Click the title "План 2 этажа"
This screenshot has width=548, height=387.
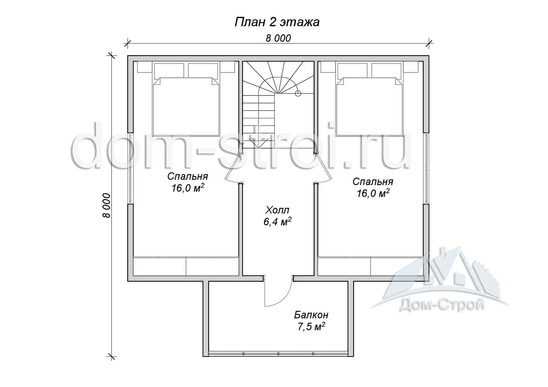click(277, 22)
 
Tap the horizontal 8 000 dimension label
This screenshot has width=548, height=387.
click(278, 38)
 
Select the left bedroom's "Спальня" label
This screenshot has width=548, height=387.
click(188, 176)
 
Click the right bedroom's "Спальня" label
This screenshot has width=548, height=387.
click(373, 181)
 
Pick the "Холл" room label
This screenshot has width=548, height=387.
click(277, 210)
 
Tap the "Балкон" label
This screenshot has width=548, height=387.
click(311, 315)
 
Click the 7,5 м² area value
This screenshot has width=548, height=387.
click(311, 326)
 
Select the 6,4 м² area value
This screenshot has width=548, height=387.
click(277, 222)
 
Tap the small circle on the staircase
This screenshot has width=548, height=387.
click(298, 93)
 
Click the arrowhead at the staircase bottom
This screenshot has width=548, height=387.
click(258, 143)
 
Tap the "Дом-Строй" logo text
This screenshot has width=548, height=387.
click(442, 305)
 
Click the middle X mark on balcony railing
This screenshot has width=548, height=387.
click(278, 353)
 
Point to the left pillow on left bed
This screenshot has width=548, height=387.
click(169, 70)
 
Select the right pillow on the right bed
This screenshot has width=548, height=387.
click(387, 70)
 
